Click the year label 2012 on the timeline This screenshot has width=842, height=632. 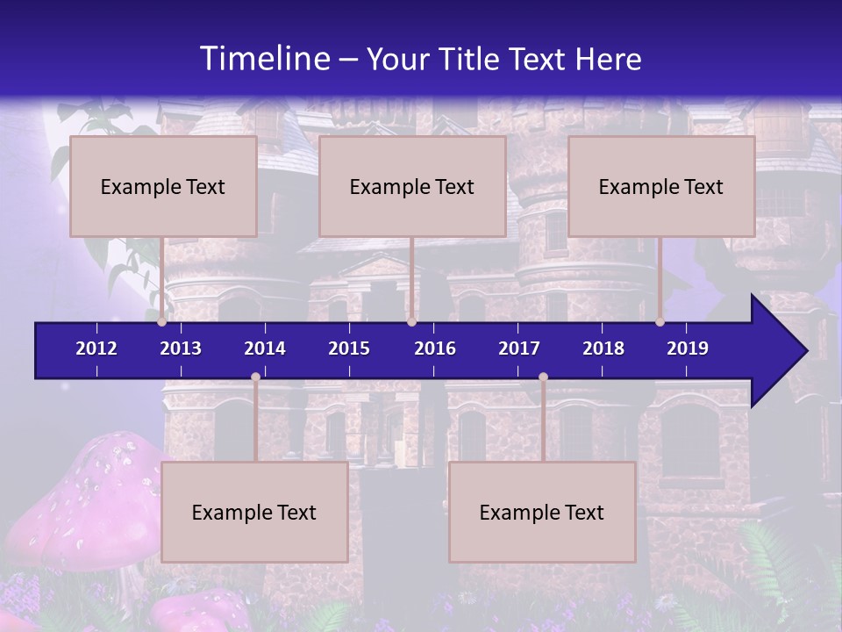point(96,348)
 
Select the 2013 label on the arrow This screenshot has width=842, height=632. point(181,348)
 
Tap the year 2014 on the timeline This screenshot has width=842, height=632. point(265,348)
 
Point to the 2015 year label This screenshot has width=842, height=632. point(349,348)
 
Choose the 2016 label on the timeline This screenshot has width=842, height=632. point(435,348)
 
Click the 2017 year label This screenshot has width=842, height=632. point(519,348)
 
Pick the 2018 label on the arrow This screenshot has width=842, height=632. point(603,348)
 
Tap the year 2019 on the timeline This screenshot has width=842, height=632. point(688,348)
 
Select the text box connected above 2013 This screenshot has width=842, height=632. point(163,186)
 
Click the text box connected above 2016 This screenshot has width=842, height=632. point(412,186)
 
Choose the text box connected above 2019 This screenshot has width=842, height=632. point(661,186)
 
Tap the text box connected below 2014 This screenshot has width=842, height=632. point(254,512)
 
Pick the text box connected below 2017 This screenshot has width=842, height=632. point(542,512)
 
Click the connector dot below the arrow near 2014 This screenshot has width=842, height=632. point(255,377)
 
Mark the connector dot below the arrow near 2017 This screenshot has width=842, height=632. point(543,377)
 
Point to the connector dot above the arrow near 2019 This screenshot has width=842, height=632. point(660,321)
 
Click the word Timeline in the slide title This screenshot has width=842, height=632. point(264,59)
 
